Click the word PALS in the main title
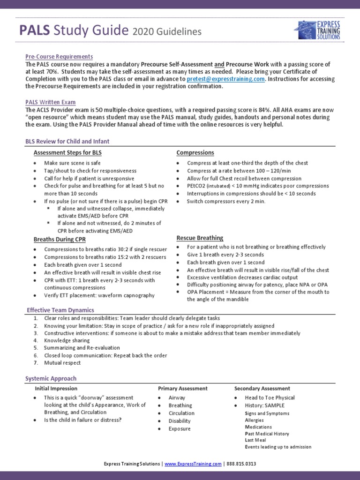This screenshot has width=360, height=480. pos(35,31)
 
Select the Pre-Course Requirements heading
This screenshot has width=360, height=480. pos(59,56)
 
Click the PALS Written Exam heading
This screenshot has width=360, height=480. pos(51,102)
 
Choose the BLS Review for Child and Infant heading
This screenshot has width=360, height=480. pos(67,142)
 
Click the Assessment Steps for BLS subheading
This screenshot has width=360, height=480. pos(67,153)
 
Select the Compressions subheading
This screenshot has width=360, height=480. pos(195,153)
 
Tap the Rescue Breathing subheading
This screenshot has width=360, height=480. pos(200,238)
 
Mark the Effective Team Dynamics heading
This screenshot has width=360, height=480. pos(60,310)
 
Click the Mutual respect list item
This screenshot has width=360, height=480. pos(62,363)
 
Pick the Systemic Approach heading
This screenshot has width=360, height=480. pos(51,378)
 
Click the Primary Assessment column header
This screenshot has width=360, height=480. pos(183,389)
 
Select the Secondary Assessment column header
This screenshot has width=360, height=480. pos(262,389)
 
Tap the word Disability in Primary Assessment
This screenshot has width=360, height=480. pos(180,421)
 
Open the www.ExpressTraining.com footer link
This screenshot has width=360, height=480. pos(193,464)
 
